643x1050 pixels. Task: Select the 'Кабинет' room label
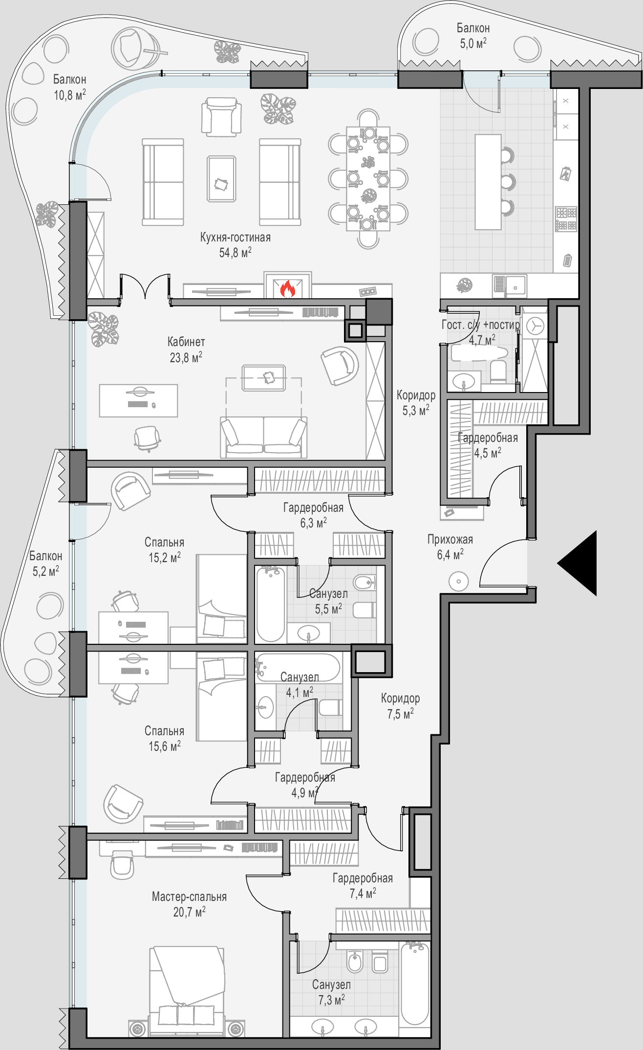coord(186,342)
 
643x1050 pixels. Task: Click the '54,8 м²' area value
coord(236,252)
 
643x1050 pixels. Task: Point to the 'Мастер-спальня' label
coord(189,897)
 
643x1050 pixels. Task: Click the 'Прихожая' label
coord(450,539)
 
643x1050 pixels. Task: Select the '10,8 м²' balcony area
coord(70,94)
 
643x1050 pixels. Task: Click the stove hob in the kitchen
coord(566,219)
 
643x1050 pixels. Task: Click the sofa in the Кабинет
coord(264,437)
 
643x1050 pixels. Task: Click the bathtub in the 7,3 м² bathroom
coord(415,984)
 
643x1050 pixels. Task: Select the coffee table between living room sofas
coord(221,178)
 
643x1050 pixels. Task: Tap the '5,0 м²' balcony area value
coord(473,44)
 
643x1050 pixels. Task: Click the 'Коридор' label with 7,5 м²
coord(400,698)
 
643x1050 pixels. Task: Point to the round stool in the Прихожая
coord(458,582)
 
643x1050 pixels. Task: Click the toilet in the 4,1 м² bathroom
coord(330,708)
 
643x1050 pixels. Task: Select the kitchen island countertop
coord(488,182)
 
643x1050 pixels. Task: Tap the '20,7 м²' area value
coord(189,912)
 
